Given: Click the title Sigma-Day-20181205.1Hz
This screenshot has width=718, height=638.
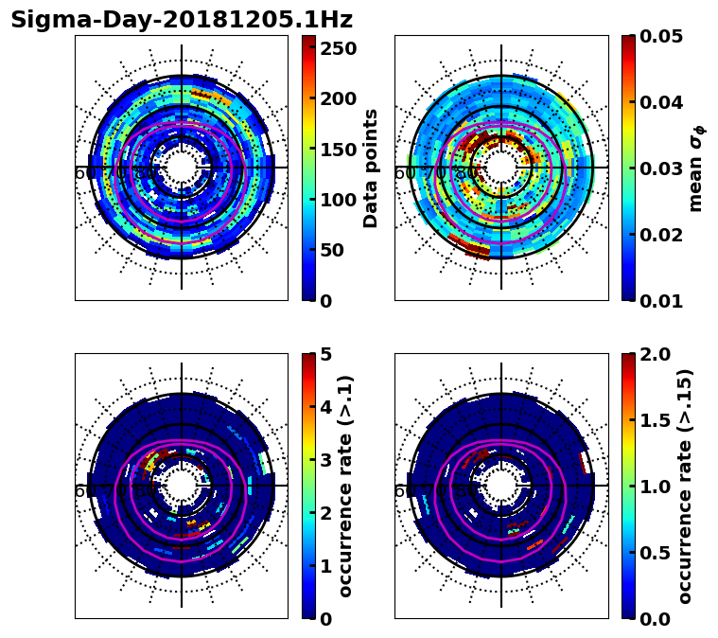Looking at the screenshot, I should [x=182, y=20].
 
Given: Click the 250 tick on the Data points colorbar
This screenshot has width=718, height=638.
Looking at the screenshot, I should [x=338, y=47].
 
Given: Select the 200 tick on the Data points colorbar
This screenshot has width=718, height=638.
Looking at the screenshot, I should [x=338, y=98].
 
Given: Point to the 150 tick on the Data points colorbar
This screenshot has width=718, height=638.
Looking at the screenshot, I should [x=338, y=149].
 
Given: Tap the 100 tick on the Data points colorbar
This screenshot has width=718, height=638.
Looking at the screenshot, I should [x=338, y=200].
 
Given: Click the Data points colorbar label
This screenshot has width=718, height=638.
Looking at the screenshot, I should [x=371, y=168].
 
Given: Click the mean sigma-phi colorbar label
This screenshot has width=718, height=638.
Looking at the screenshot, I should [x=695, y=168].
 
